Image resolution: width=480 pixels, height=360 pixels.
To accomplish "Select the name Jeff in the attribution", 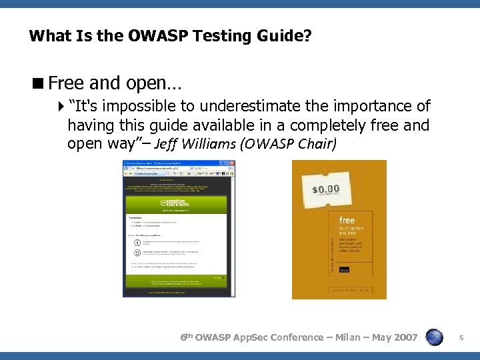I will pos(166,143).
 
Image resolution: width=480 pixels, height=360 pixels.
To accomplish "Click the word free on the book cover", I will pos(347,220).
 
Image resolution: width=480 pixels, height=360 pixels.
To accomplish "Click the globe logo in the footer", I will pos(434,337).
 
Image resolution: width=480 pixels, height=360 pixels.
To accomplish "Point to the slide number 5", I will pos(461,338).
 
